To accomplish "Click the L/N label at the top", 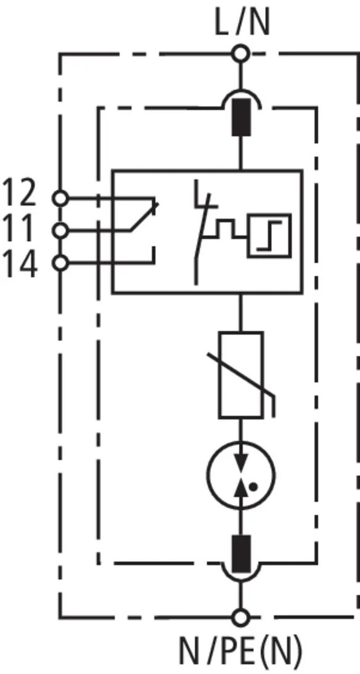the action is coord(242,24).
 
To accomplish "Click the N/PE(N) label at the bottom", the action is coord(240,652).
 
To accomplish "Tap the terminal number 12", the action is coord(20,193).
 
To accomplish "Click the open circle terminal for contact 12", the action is coord(60,198).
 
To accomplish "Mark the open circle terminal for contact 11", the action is coord(60,231).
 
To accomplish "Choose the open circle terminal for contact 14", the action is coord(60,263).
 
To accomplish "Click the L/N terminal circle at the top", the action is coord(240,54).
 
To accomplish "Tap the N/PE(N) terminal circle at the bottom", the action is coord(240,618).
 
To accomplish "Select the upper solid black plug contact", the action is coord(241,117).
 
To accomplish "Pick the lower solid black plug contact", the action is coord(241,554).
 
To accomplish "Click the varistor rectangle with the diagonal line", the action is coord(241,375).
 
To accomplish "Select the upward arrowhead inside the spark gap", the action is coord(241,488).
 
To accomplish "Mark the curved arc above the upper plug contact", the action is coord(241,91).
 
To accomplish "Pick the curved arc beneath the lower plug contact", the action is coord(241,580).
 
